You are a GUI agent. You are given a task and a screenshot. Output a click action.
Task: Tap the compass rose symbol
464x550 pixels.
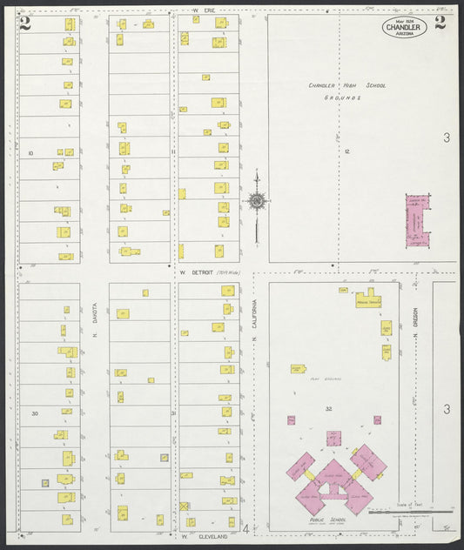(x=257, y=202)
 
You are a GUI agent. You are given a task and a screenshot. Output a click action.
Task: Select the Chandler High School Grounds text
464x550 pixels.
(x=346, y=91)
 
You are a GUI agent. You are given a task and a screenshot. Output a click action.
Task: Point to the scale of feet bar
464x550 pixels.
(x=409, y=512)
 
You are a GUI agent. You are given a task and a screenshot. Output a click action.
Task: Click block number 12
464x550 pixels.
(x=346, y=151)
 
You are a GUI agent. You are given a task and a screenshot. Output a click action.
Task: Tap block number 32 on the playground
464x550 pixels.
(x=329, y=409)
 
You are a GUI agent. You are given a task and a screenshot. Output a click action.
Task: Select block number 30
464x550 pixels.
(x=34, y=413)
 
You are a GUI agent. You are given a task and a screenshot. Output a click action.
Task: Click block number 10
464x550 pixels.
(x=30, y=152)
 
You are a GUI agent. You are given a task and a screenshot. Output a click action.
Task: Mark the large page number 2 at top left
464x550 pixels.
(x=25, y=23)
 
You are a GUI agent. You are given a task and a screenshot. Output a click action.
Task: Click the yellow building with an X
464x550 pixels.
(x=185, y=506)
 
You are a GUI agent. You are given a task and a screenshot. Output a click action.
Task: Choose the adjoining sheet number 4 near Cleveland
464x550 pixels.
(x=246, y=528)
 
